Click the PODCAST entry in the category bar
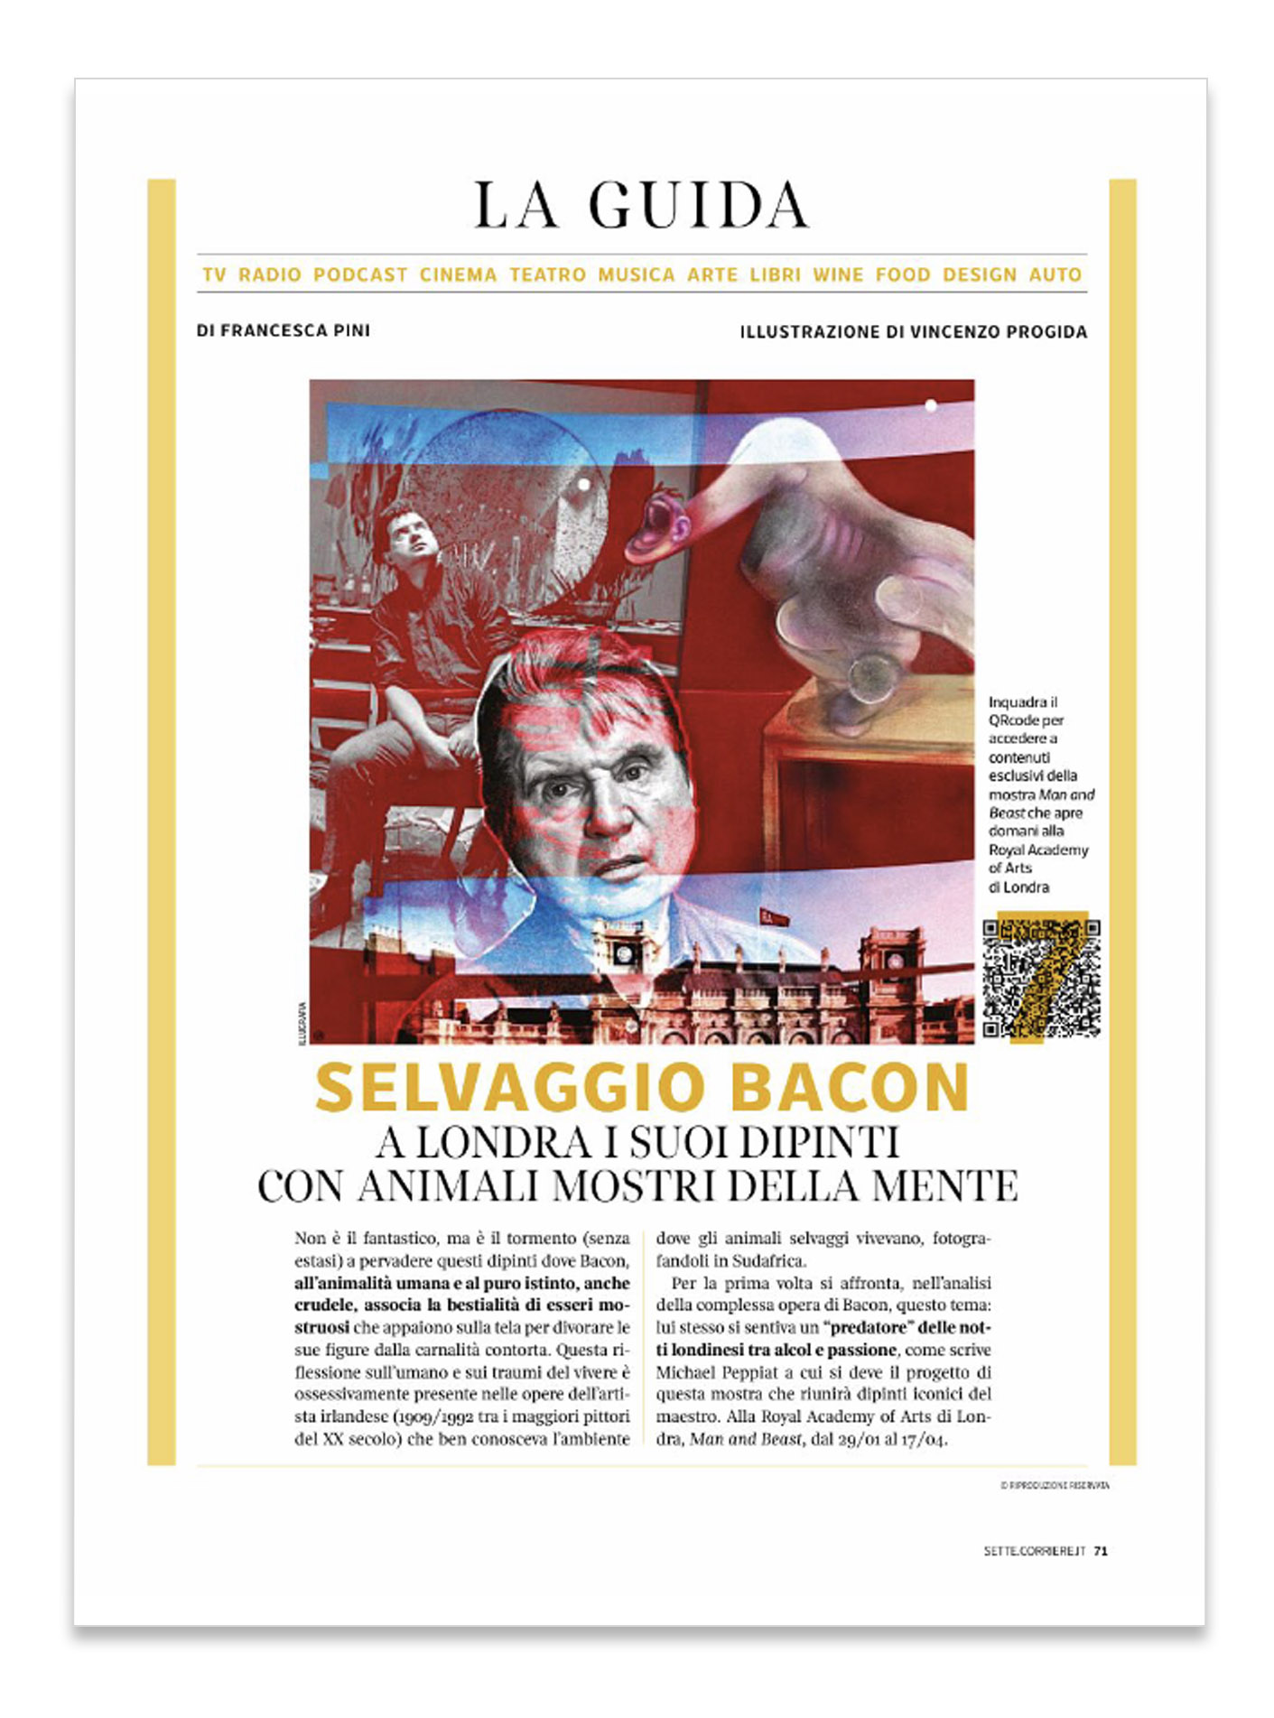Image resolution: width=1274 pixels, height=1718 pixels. pos(360,274)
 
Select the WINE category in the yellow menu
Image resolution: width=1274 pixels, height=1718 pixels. pos(838,274)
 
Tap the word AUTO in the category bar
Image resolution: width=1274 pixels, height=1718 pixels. pos(1055,274)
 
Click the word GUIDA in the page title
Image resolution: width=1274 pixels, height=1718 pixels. pos(698,205)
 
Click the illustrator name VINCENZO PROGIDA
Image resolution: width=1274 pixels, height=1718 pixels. pos(999,331)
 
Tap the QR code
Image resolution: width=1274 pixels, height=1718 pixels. pos(1041,978)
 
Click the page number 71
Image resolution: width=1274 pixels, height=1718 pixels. pos(1101,1551)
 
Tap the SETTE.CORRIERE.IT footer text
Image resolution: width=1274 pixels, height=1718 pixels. pos(1034,1551)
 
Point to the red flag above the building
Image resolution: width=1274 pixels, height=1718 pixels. pos(775,916)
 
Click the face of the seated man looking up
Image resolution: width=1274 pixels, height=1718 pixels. pos(413,537)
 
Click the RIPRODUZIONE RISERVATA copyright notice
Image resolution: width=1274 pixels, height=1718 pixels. pos(1054,1485)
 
